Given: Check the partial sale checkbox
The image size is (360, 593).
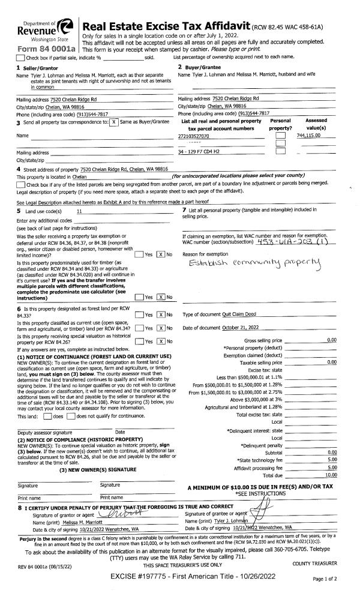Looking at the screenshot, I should (21, 57).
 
